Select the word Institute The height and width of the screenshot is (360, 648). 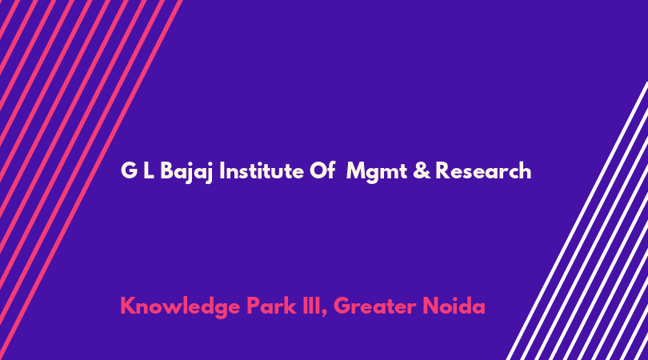261,170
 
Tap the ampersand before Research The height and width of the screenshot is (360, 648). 422,170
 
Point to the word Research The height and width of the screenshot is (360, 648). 483,170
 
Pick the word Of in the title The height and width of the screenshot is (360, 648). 322,170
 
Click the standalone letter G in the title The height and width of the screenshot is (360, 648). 129,170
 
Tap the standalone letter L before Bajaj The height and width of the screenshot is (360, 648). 149,170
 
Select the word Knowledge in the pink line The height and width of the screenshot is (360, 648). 180,307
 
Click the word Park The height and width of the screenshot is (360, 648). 271,306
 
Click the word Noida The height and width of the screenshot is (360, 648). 454,306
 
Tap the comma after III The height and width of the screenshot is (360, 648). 324,314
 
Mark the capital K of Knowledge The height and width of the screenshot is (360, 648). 128,306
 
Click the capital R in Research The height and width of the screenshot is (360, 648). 442,170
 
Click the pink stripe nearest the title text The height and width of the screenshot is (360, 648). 90,180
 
